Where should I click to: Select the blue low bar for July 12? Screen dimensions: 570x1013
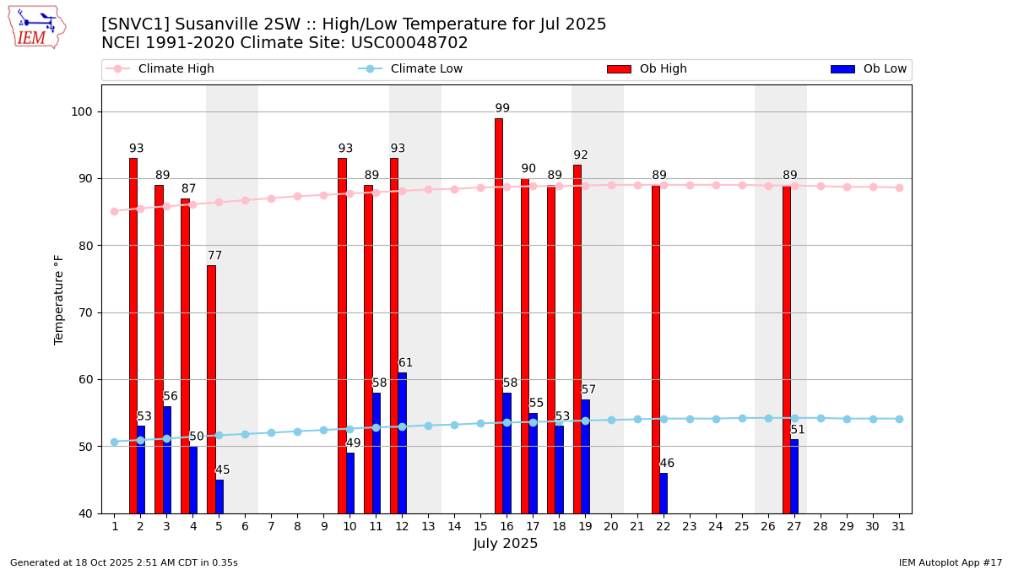pyautogui.click(x=402, y=442)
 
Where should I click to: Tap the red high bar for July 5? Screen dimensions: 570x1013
pyautogui.click(x=211, y=389)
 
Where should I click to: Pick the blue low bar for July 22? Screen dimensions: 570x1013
pyautogui.click(x=664, y=493)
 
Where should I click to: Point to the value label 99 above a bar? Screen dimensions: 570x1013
pyautogui.click(x=502, y=109)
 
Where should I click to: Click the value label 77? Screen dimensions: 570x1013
pyautogui.click(x=215, y=256)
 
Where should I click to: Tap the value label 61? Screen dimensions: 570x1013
pyautogui.click(x=406, y=363)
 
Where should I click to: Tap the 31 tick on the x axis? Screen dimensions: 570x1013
pyautogui.click(x=899, y=526)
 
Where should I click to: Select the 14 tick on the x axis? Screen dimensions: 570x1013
pyautogui.click(x=454, y=526)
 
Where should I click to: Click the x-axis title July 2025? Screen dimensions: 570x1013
pyautogui.click(x=506, y=544)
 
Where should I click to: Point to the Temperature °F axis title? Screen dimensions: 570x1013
pyautogui.click(x=59, y=299)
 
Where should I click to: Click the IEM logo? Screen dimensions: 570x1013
pyautogui.click(x=36, y=27)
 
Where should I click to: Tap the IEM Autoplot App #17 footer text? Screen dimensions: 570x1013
pyautogui.click(x=950, y=562)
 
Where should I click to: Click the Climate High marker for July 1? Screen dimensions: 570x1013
pyautogui.click(x=114, y=211)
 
